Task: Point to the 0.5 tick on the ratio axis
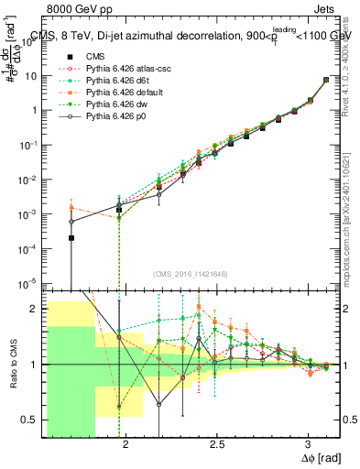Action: click(29, 420)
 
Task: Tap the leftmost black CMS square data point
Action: click(71, 238)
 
